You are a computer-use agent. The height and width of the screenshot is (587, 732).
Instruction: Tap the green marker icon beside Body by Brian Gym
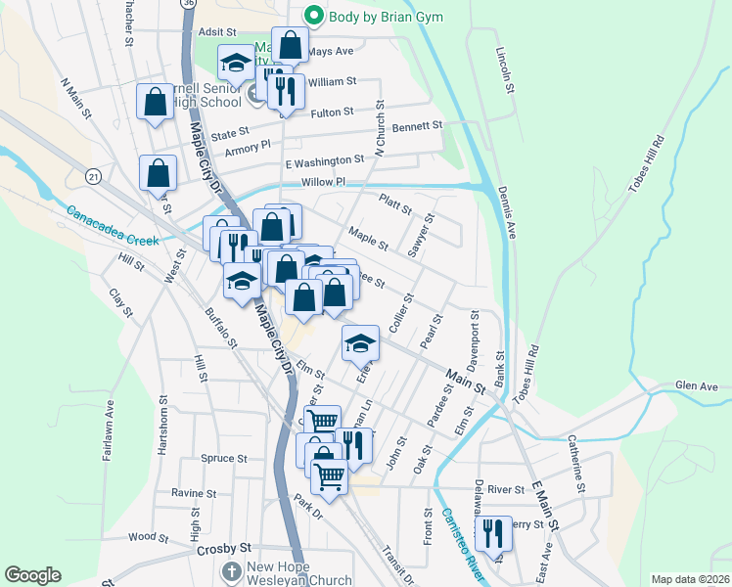(313, 15)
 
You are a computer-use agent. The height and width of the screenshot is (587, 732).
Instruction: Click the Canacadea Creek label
(113, 225)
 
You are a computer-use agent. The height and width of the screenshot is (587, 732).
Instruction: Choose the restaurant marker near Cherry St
(493, 534)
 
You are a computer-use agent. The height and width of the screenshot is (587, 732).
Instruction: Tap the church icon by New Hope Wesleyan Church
(231, 570)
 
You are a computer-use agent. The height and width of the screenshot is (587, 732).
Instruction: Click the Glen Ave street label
(696, 386)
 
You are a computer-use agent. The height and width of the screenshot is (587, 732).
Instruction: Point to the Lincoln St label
(505, 68)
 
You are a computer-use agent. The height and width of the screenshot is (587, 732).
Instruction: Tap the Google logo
(32, 575)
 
